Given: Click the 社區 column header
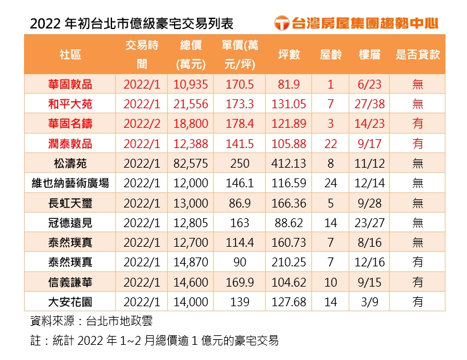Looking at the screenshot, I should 70,54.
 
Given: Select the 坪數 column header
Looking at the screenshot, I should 289,54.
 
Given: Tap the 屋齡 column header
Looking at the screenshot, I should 330,54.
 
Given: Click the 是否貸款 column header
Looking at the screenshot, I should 418,54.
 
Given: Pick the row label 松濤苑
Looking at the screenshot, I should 70,163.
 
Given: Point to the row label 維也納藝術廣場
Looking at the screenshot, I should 70,183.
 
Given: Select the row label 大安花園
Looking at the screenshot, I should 70,302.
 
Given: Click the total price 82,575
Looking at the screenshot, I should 190,163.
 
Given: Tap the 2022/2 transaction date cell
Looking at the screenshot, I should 142,124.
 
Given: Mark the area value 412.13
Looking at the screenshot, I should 289,163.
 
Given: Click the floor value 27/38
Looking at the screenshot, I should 369,104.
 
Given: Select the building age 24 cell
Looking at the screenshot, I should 330,183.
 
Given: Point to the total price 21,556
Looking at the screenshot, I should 190,104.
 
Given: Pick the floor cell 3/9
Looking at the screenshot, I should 369,302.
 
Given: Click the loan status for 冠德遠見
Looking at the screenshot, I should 418,223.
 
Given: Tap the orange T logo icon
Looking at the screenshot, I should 283,23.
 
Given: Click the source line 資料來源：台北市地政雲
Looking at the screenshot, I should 91,321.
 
